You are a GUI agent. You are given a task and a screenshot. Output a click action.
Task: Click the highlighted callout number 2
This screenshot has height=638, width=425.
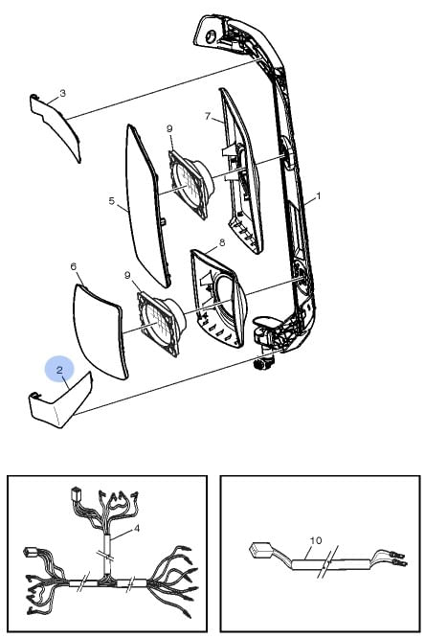pyautogui.click(x=59, y=370)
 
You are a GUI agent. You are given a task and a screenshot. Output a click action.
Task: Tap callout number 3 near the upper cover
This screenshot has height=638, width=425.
pyautogui.click(x=62, y=93)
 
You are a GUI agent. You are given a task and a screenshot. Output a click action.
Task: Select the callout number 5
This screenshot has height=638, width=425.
pyautogui.click(x=111, y=200)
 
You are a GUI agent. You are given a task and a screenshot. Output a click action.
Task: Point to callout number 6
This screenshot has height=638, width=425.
pyautogui.click(x=73, y=266)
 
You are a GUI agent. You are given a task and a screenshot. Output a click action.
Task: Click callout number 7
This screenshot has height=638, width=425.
pyautogui.click(x=208, y=116)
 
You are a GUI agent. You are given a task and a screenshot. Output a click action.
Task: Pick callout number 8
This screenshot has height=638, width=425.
pyautogui.click(x=222, y=243)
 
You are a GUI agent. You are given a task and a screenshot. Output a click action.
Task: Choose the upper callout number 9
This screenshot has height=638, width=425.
pyautogui.click(x=169, y=128)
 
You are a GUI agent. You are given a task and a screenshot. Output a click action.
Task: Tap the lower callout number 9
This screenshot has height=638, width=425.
pyautogui.click(x=127, y=276)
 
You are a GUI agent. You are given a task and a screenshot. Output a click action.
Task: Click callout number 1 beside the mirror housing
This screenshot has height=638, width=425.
pyautogui.click(x=319, y=196)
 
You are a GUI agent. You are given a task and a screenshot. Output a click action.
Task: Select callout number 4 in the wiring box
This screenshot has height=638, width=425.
pyautogui.click(x=137, y=528)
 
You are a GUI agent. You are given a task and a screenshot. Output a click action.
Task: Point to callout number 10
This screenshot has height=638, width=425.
pyautogui.click(x=316, y=540)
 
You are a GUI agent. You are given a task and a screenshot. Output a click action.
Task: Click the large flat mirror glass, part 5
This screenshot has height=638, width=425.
pyautogui.click(x=147, y=206)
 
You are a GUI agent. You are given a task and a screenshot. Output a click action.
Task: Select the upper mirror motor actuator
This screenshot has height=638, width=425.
pyautogui.click(x=190, y=182)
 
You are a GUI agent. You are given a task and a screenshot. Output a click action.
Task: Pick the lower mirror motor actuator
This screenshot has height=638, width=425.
pyautogui.click(x=161, y=322)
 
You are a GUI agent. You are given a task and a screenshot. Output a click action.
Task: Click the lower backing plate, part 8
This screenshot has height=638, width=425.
pyautogui.click(x=218, y=298)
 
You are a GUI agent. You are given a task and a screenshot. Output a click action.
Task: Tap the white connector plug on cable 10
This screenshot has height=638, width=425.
pyautogui.click(x=258, y=550)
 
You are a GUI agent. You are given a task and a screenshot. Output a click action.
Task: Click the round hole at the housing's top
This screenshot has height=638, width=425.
pyautogui.click(x=211, y=36)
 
